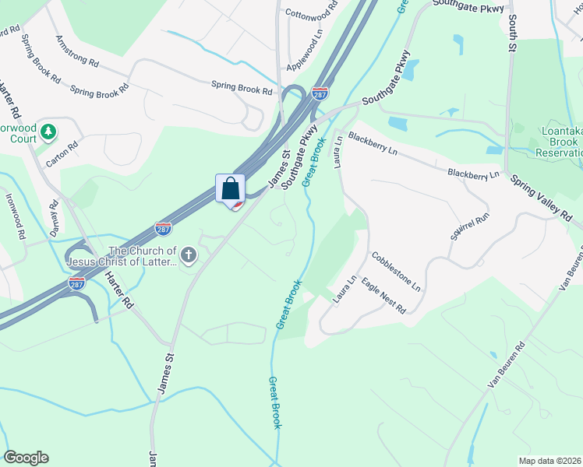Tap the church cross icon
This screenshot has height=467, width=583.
click(x=188, y=255)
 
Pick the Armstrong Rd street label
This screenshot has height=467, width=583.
click(x=77, y=51)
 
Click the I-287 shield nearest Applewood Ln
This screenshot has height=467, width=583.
click(x=320, y=93)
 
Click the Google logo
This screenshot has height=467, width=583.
click(x=26, y=458)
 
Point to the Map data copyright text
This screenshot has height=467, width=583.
click(x=550, y=461)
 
